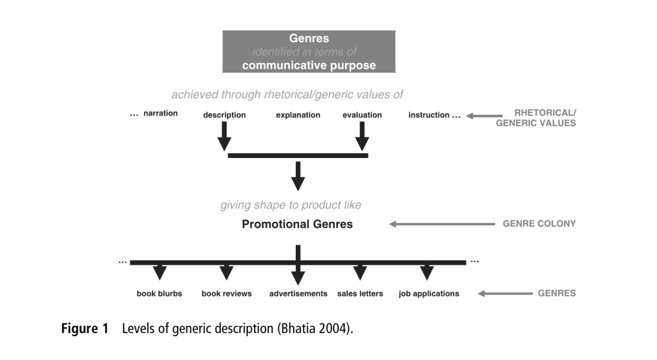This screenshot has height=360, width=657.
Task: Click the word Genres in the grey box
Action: point(309,39)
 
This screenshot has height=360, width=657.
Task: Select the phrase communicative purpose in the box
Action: point(309,65)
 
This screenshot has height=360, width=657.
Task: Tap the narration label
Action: point(161,114)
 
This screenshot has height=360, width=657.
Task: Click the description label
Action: point(224,115)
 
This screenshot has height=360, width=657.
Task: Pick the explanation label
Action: point(298,115)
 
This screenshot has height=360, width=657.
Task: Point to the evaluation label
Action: point(362,115)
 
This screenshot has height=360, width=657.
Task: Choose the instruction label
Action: point(429,115)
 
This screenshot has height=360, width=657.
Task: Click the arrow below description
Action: point(224,136)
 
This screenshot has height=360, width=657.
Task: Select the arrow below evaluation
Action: point(362,136)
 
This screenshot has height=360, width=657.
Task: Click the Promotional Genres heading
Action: point(297,224)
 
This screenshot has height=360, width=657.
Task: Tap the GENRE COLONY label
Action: point(539,224)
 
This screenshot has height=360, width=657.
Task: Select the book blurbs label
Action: point(159,294)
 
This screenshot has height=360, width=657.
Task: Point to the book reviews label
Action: point(226,294)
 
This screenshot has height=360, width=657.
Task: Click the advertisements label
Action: point(298,294)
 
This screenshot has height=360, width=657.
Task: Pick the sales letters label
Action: point(360,294)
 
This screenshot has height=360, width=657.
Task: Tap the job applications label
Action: point(429,294)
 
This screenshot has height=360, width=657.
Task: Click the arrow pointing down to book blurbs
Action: point(159,273)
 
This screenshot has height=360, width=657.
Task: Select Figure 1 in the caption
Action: point(85,329)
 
